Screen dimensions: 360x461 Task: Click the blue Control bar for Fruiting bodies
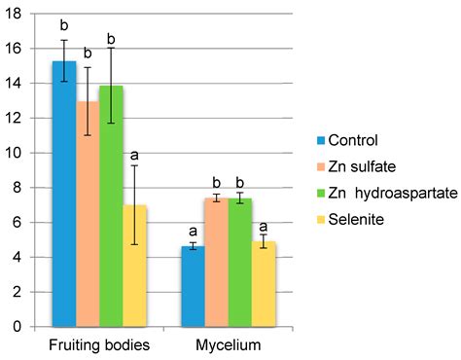64,195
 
